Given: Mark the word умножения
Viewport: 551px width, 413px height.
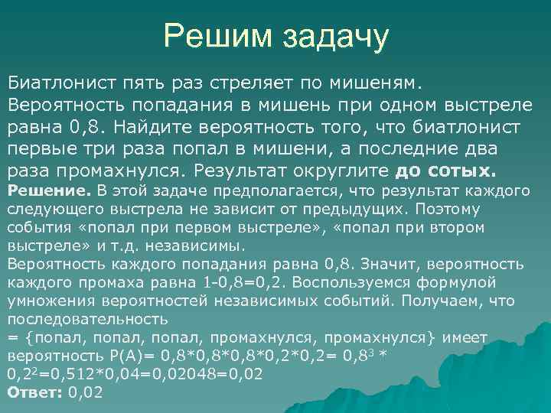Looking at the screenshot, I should click(47, 301).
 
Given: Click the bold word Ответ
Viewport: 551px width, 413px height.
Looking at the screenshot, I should click(34, 393).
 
